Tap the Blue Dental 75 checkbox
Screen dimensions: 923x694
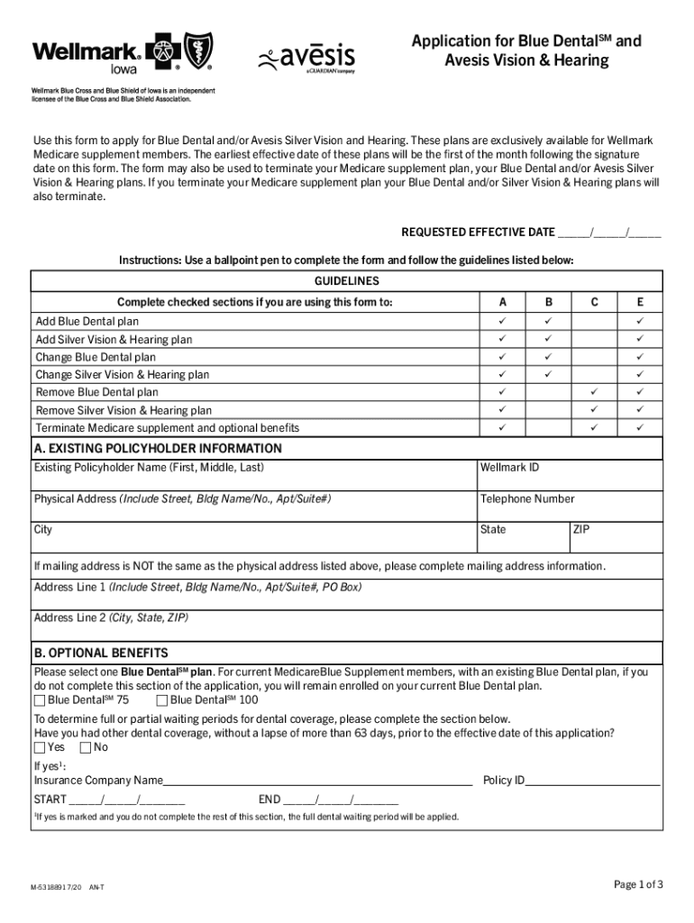tap(40, 700)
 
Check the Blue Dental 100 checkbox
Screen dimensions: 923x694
tap(161, 700)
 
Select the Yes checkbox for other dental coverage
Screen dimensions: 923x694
tap(40, 747)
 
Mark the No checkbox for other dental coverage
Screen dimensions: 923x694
tap(86, 747)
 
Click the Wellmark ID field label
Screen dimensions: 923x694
tap(509, 467)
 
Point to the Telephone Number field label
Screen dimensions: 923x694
tap(526, 498)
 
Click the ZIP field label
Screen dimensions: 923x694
tap(581, 529)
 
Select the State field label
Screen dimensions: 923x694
tap(493, 529)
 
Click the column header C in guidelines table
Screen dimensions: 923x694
tap(594, 302)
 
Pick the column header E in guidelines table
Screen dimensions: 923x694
tap(640, 302)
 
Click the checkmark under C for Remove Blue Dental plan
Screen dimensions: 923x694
tap(594, 392)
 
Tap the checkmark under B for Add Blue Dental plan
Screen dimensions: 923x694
tap(547, 321)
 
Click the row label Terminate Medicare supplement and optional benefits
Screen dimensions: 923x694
tap(167, 428)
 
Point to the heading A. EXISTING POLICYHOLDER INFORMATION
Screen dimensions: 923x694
tap(158, 448)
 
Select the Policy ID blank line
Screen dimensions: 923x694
tap(592, 781)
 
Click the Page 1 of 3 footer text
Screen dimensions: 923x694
tap(638, 884)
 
